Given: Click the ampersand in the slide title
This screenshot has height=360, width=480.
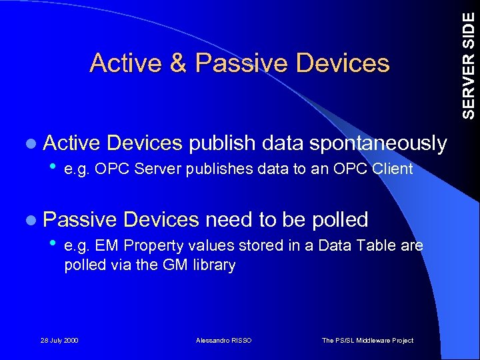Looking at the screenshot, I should point(178,63).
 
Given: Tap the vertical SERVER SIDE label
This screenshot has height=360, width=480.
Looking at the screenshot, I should point(469,60).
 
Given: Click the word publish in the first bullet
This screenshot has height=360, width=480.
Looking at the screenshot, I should point(221,143).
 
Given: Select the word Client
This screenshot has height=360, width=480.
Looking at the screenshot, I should point(394,169).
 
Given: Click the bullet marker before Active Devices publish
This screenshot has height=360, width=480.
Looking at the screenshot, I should point(32,143).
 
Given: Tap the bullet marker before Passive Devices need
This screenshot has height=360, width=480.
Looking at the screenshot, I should point(32,219).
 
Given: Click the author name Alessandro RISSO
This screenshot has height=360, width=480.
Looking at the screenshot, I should point(224,341).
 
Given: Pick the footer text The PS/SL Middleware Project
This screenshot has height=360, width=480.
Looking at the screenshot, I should point(367,341).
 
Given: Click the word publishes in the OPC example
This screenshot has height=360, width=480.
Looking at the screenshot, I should point(215,169).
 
